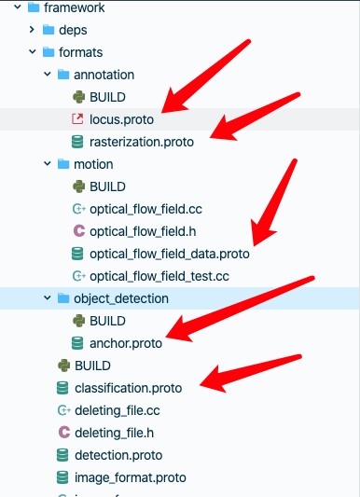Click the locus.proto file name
point(121,119)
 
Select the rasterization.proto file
point(142,142)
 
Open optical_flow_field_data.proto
point(170,254)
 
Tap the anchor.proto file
point(126,343)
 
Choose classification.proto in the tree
point(129,388)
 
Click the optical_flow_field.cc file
point(145,209)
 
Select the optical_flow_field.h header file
point(143,231)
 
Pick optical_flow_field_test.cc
point(159,276)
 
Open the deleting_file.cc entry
point(118,411)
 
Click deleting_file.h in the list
point(114,433)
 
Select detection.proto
point(118,455)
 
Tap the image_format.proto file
point(131,477)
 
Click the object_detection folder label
point(121,298)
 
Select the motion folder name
point(93,164)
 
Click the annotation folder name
point(104,76)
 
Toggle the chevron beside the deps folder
point(32,30)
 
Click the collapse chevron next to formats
point(33,51)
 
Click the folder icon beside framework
point(34,7)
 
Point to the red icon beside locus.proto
point(77,119)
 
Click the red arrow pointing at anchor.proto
point(240,309)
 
